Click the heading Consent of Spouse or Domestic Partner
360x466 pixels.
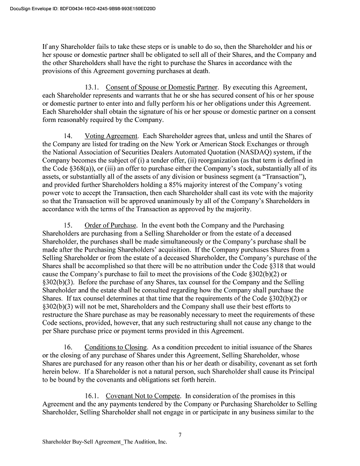[162, 87]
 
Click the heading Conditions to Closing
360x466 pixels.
[116, 347]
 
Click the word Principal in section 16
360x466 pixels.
[301, 371]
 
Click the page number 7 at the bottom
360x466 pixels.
[180, 434]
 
